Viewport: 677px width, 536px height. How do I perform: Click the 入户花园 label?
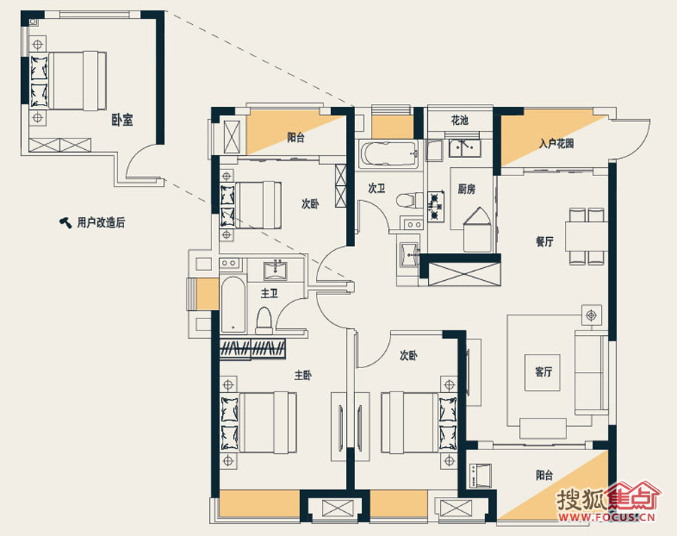[x=556, y=143]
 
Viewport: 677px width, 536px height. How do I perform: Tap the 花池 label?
[x=460, y=120]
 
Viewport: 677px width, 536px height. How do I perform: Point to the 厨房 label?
[x=466, y=189]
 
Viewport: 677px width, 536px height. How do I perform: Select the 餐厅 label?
[x=545, y=242]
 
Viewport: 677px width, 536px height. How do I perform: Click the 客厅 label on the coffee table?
[x=543, y=372]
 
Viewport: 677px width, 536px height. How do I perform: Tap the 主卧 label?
[x=302, y=375]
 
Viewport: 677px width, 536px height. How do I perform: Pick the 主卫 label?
[x=269, y=294]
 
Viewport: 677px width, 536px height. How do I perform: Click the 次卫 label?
[x=377, y=188]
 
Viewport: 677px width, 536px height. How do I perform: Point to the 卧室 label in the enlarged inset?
[x=122, y=120]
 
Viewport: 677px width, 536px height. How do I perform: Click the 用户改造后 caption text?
[x=101, y=223]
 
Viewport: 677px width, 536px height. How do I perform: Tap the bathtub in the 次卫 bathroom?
[x=388, y=154]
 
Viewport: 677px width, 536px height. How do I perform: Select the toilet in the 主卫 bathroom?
[x=264, y=320]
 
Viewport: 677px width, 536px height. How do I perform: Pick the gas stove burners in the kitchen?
[x=436, y=206]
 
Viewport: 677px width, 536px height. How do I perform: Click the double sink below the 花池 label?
[x=465, y=148]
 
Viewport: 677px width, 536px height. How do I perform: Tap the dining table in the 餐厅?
[x=587, y=236]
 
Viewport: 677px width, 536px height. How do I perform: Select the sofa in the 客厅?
[x=591, y=373]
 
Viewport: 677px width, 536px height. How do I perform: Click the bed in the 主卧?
[x=259, y=422]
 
